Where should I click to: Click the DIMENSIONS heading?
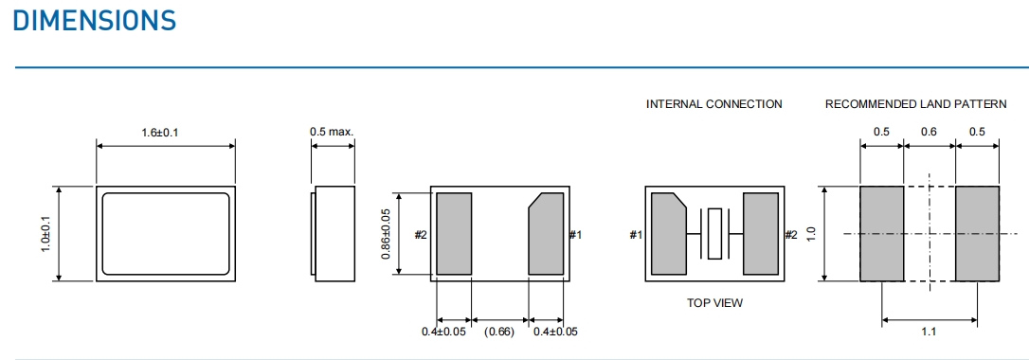tap(95, 20)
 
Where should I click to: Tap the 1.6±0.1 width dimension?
tap(160, 133)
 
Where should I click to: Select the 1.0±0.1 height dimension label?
tap(45, 233)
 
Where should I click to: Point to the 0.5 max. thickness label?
tap(332, 132)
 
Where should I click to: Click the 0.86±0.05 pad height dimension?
tap(386, 233)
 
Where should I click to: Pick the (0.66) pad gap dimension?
tap(499, 332)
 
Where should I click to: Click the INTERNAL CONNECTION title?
tap(714, 104)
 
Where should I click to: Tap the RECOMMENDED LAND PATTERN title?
tap(915, 104)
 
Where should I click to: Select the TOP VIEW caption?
tap(714, 303)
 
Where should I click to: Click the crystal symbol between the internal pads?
tap(714, 233)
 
